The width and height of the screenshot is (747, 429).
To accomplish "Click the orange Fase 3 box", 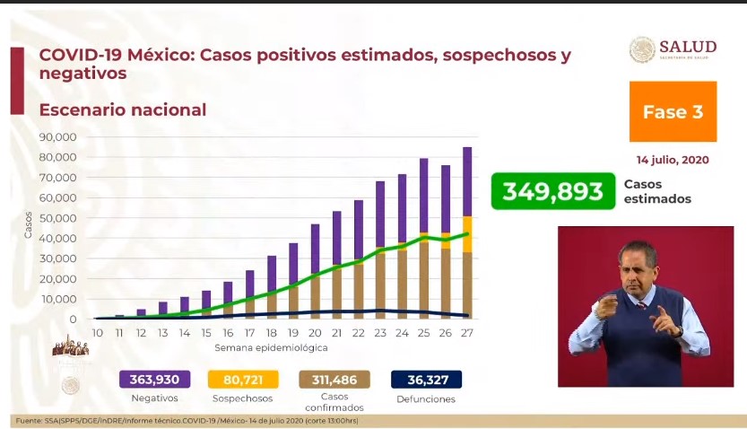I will [x=673, y=111].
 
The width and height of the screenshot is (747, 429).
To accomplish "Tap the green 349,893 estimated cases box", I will [x=552, y=191].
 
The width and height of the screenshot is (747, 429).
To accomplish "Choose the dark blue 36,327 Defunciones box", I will [x=426, y=380].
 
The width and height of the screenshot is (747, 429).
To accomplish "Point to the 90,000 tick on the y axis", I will [x=59, y=137].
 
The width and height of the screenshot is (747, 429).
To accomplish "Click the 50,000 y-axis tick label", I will [x=59, y=218].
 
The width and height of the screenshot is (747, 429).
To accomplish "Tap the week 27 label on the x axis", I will [x=467, y=334].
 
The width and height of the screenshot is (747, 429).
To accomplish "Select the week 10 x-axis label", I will [x=98, y=334].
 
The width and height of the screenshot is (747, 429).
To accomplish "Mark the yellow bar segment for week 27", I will [x=467, y=234].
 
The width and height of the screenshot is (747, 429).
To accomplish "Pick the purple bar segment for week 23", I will [x=380, y=215].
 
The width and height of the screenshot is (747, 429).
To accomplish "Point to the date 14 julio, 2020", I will [x=673, y=160].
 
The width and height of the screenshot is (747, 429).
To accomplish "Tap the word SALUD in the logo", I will [x=688, y=47].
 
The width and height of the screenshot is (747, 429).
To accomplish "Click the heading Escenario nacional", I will [x=123, y=110].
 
